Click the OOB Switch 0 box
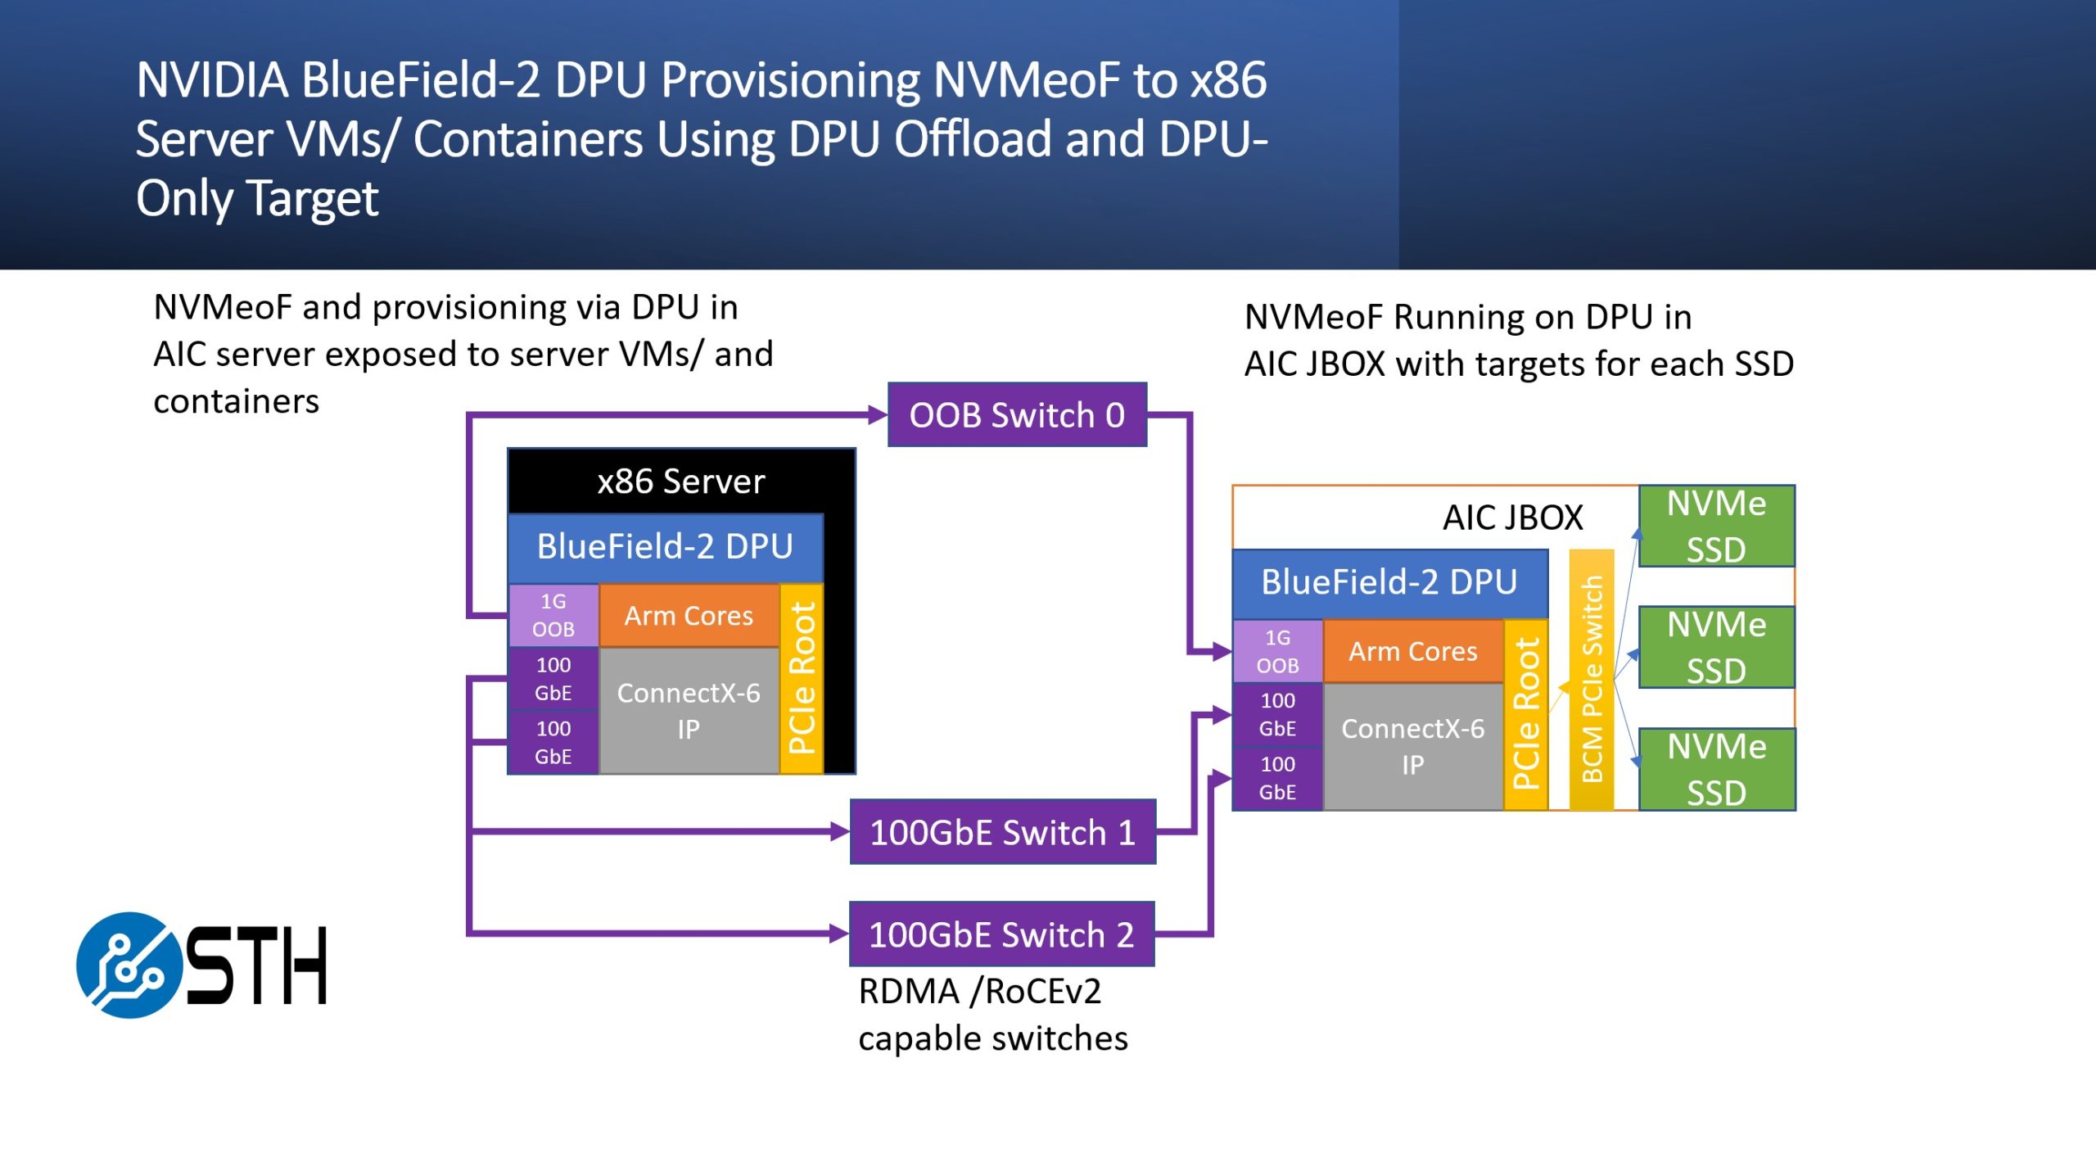click(x=1017, y=415)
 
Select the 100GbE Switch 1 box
click(x=1002, y=832)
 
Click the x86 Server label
click(x=680, y=482)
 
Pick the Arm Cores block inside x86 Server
click(x=689, y=616)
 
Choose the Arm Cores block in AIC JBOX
click(x=1412, y=652)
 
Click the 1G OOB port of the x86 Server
click(x=553, y=615)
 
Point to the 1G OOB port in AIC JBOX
click(x=1277, y=652)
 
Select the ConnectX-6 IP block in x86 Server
click(x=689, y=711)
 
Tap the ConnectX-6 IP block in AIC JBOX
click(x=1412, y=746)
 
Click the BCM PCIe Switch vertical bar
click(x=1591, y=680)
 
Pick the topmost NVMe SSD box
click(x=1716, y=526)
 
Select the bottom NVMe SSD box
click(x=1716, y=769)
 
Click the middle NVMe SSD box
click(x=1716, y=647)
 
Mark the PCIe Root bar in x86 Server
click(x=802, y=678)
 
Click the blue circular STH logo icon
click(x=129, y=966)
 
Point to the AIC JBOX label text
click(x=1512, y=518)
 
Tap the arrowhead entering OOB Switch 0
click(x=879, y=415)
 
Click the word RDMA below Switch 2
click(x=908, y=992)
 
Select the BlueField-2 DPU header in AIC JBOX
click(x=1389, y=583)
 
